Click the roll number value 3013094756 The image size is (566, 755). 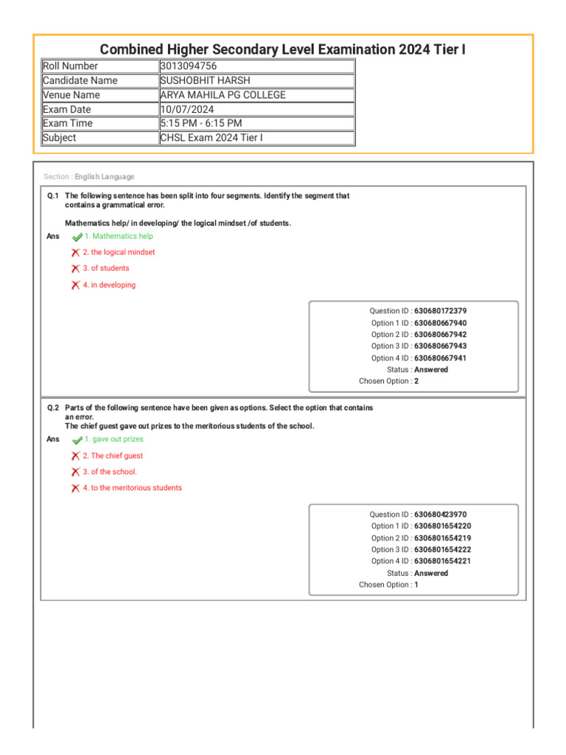(x=189, y=66)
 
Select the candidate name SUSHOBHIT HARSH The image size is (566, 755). (x=204, y=80)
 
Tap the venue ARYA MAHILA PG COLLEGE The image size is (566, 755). (x=223, y=95)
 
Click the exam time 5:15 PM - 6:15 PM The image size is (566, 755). (x=201, y=123)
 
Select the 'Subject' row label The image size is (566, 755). (x=60, y=138)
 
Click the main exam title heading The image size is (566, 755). (x=282, y=49)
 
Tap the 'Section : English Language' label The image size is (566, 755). (x=89, y=177)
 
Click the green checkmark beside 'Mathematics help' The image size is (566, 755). (x=77, y=237)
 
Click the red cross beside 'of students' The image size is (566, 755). (x=75, y=269)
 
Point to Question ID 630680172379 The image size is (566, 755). (x=440, y=311)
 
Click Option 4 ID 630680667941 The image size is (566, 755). (x=440, y=358)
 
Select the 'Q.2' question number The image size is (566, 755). (x=53, y=408)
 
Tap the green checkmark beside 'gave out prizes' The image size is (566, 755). (x=77, y=440)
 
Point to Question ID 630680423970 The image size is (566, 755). (x=440, y=515)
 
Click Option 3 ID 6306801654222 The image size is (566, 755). (x=442, y=550)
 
